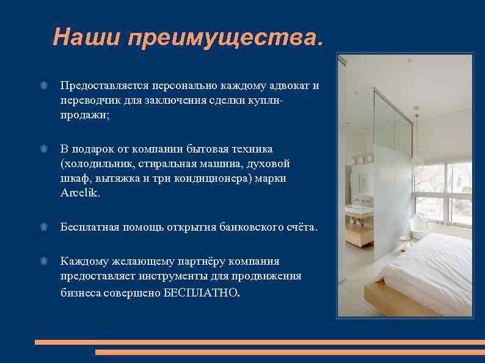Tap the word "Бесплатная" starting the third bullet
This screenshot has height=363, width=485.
pos(89,227)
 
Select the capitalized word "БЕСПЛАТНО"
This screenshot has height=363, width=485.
pos(200,292)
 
